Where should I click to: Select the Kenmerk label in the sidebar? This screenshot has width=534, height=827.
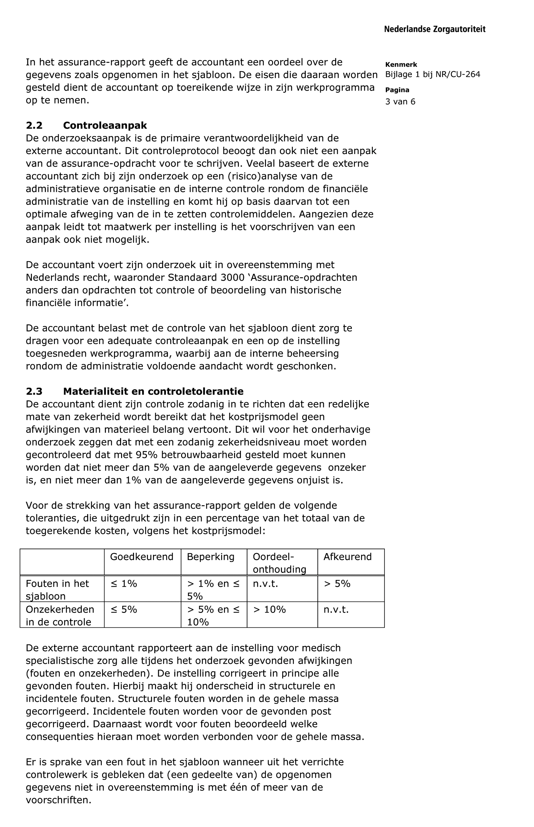point(401,65)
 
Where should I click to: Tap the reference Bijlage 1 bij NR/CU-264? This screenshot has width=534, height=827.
point(432,74)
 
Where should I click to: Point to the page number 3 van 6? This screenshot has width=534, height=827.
point(400,102)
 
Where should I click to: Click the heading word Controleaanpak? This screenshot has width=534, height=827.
point(105,125)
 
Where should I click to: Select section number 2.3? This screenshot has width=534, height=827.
point(34,391)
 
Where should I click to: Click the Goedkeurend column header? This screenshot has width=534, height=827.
point(141,556)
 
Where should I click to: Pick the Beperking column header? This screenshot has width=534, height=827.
point(211,556)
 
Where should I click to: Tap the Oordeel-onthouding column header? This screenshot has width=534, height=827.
point(279,563)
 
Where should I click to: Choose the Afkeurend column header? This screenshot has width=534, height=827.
point(347,556)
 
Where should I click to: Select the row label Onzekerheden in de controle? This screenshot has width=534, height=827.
point(60,615)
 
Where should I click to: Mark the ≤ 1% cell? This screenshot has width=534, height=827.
point(124,584)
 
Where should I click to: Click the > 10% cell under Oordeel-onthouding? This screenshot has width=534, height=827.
point(270,609)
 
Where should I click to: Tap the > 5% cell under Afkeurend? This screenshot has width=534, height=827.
point(337,584)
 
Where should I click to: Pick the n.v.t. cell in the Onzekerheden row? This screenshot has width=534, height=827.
point(336,609)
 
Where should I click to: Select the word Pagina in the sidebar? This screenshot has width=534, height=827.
point(397,90)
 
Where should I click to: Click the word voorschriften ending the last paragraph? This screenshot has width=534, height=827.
point(58,800)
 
